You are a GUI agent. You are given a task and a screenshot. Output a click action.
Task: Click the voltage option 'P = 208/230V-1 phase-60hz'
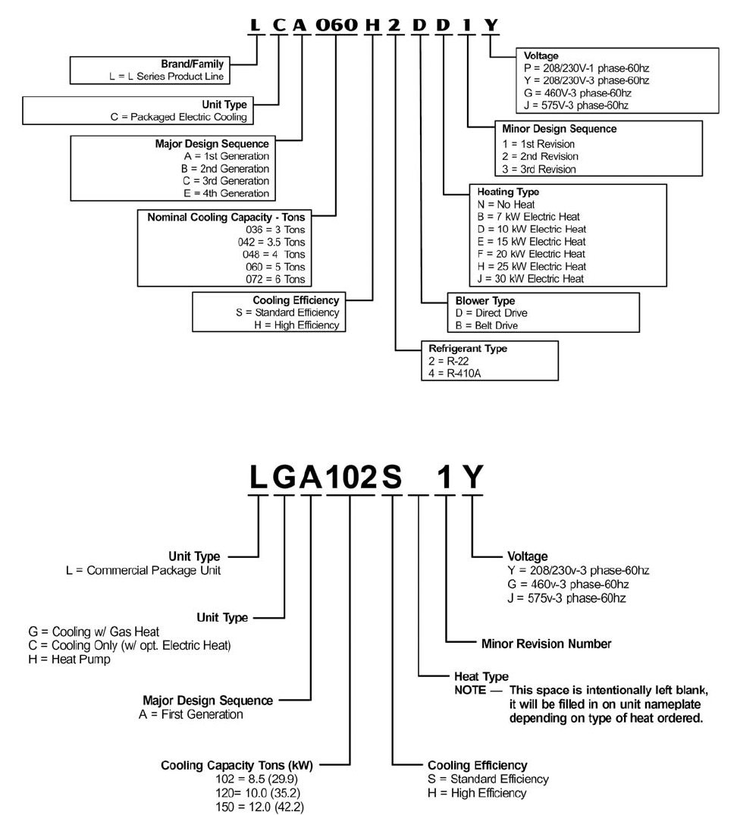[586, 67]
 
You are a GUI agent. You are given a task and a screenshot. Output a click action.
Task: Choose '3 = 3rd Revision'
[538, 169]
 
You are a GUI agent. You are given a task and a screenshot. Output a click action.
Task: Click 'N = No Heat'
[506, 205]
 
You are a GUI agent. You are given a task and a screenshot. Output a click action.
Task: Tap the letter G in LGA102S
[284, 476]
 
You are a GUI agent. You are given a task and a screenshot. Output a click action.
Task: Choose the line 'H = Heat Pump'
[69, 660]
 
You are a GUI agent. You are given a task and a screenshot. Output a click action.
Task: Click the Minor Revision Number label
[546, 644]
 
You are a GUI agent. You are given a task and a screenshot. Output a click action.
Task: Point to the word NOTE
[470, 690]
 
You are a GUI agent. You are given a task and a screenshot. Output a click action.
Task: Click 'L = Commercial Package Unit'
[143, 570]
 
